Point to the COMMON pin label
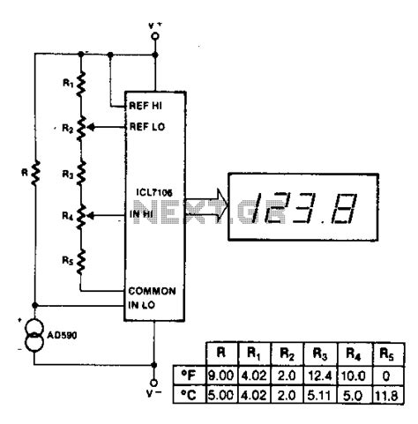(x=152, y=290)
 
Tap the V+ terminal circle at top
(x=155, y=36)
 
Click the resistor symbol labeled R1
(x=81, y=86)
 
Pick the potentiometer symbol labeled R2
(x=81, y=129)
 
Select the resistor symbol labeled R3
(x=81, y=171)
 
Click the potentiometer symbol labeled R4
(x=81, y=213)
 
